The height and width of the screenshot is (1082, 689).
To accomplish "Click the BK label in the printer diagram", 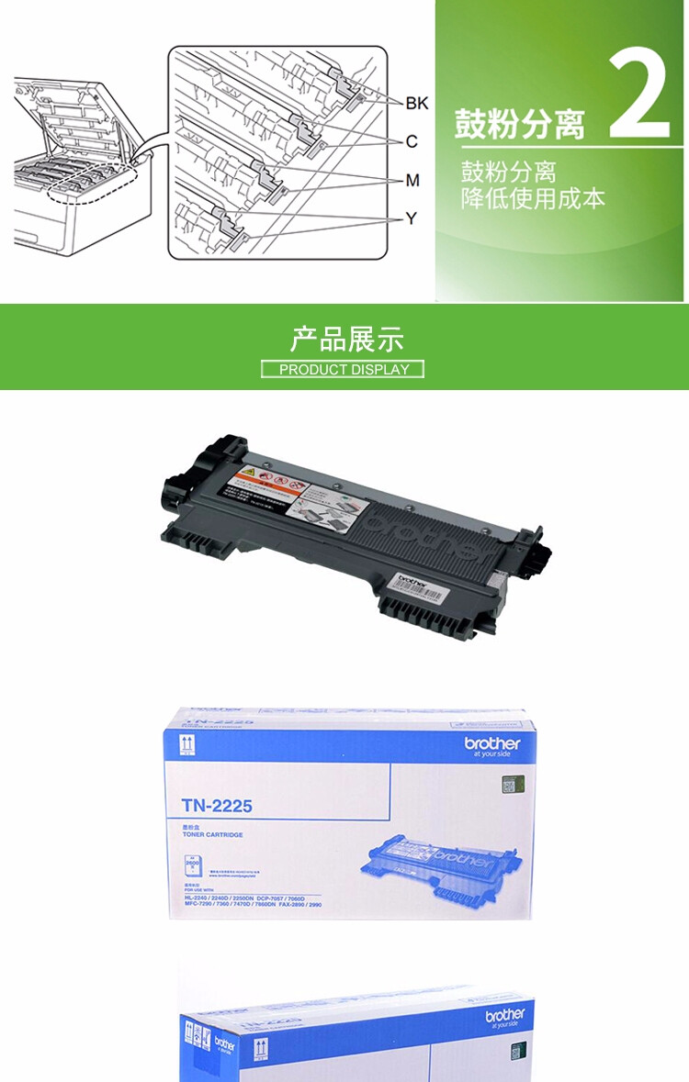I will tap(416, 103).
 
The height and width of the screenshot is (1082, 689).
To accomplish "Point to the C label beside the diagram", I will tap(412, 141).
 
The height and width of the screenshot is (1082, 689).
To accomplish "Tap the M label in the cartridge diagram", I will tap(412, 180).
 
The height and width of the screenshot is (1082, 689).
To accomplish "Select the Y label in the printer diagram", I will tap(412, 218).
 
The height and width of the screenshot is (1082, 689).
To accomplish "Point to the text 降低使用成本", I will tap(533, 198).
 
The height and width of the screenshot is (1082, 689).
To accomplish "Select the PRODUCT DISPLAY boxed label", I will tap(343, 369).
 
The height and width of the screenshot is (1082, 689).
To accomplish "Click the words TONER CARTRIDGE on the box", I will tap(212, 835).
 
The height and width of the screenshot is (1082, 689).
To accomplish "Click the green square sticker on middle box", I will tap(507, 786).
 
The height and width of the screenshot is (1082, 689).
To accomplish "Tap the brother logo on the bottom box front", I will tap(505, 1015).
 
